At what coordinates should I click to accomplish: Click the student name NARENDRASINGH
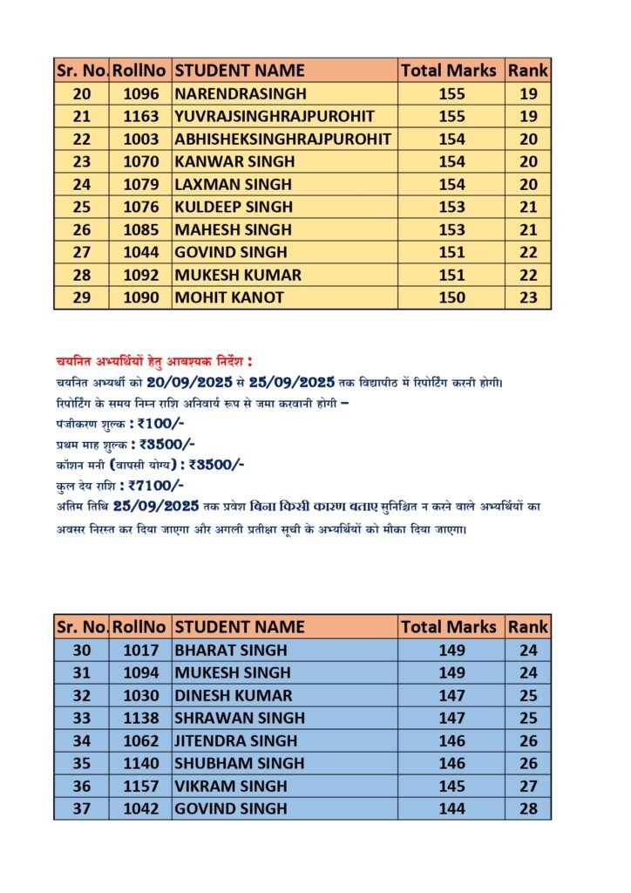tap(229, 93)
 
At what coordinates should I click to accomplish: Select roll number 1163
tap(141, 116)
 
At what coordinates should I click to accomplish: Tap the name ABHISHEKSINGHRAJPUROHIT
tap(282, 139)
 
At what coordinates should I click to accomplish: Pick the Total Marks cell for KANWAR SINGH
tap(451, 161)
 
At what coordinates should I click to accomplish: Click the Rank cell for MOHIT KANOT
tap(528, 297)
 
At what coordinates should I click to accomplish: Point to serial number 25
tap(82, 207)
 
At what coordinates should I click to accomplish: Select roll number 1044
tap(141, 252)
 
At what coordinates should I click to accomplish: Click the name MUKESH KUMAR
tap(238, 275)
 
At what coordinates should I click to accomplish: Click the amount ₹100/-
tap(161, 424)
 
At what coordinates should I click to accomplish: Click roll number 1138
tap(141, 718)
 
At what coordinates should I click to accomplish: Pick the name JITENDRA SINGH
tap(236, 740)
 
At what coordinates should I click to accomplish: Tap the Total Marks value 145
tap(451, 786)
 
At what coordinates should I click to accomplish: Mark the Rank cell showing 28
tap(528, 808)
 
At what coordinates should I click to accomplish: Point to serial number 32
tap(82, 695)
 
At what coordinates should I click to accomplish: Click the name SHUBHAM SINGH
tap(240, 763)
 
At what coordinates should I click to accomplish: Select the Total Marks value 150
tap(451, 297)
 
